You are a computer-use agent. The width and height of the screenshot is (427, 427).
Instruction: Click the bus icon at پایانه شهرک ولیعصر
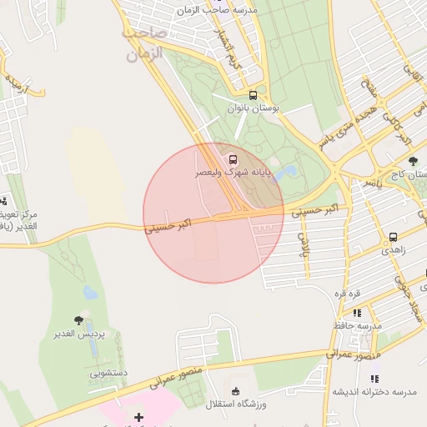click(x=232, y=158)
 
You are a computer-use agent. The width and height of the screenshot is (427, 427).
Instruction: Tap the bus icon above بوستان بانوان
click(x=254, y=95)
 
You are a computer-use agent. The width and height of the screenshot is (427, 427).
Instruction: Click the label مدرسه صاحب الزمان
click(x=219, y=10)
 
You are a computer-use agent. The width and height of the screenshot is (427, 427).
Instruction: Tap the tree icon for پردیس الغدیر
click(x=78, y=320)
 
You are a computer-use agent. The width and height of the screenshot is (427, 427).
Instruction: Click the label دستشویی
click(x=108, y=373)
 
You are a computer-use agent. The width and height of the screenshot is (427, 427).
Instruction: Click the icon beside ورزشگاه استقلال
click(x=235, y=391)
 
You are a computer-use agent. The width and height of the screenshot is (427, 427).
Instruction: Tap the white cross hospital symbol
click(x=138, y=417)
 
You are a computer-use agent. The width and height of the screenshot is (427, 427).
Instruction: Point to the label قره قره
click(x=347, y=294)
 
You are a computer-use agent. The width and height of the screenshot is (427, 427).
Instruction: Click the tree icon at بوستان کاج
click(x=413, y=161)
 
